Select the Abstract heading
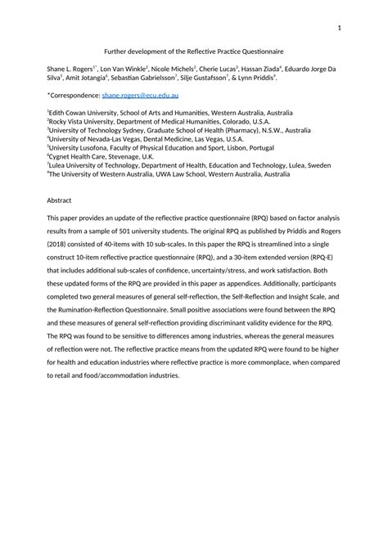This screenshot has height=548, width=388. click(60, 200)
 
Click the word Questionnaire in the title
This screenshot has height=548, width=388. click(259, 51)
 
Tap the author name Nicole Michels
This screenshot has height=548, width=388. click(169, 69)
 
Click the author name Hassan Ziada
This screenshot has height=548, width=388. click(261, 69)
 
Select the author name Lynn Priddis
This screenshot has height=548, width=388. click(256, 79)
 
